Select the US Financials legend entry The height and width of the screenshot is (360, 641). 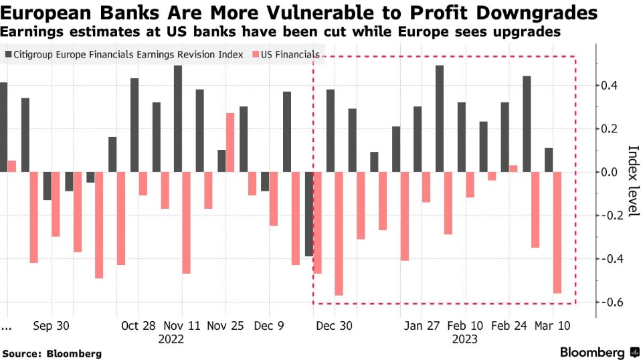pos(286,55)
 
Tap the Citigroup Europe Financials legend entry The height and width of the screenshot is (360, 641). pos(128,55)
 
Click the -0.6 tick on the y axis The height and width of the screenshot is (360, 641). pos(611,302)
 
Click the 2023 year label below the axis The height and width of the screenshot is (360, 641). pos(464,339)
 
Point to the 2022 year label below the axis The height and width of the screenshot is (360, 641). pos(171,339)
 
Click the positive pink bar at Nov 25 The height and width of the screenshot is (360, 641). pos(230,142)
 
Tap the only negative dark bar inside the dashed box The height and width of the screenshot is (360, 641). pos(308,214)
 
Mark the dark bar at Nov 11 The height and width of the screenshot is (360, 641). pos(178,118)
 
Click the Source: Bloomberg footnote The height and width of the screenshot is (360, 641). pos(52,353)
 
